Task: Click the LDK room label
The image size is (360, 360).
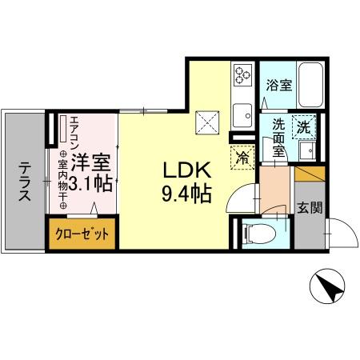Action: [186, 171]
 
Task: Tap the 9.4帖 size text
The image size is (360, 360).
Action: [186, 194]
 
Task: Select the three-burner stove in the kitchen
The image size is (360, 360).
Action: [242, 74]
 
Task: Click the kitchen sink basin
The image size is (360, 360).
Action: [242, 112]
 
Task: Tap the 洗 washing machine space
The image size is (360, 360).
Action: [305, 126]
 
